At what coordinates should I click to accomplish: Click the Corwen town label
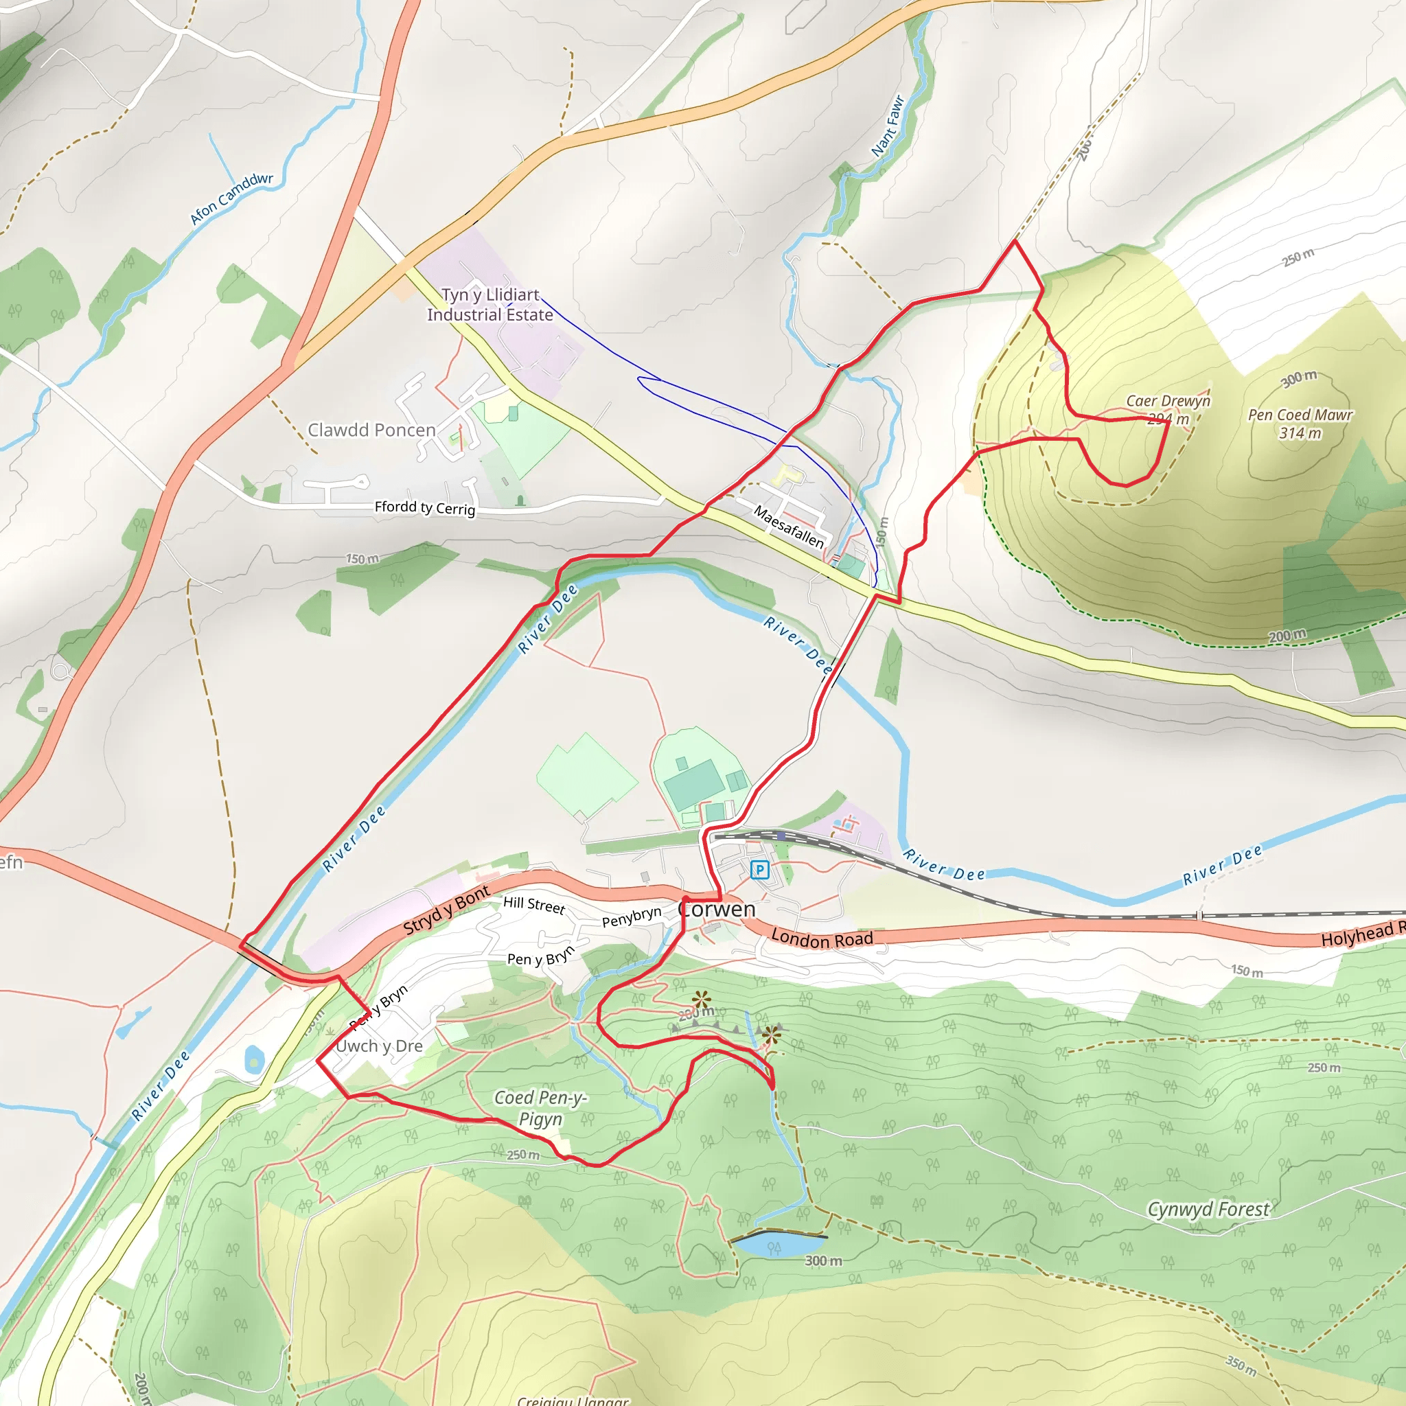[716, 909]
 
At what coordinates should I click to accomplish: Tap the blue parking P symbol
[759, 869]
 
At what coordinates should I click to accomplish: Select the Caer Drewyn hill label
[1168, 401]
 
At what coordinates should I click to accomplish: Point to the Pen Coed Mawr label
[1300, 415]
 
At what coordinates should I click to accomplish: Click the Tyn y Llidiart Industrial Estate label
[489, 305]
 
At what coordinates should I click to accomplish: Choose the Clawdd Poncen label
[371, 430]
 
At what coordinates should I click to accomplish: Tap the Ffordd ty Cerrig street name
[424, 507]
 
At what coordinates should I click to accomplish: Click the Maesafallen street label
[788, 527]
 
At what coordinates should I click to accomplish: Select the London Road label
[822, 938]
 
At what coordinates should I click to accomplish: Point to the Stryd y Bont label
[446, 910]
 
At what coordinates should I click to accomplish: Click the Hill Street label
[533, 905]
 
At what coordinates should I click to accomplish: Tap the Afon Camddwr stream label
[231, 198]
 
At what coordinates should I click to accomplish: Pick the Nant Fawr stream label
[888, 126]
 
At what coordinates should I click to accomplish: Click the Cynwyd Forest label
[1208, 1210]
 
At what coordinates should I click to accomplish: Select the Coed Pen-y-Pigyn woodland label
[540, 1107]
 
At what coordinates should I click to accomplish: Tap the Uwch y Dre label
[379, 1046]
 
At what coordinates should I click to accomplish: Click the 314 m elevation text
[1300, 434]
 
